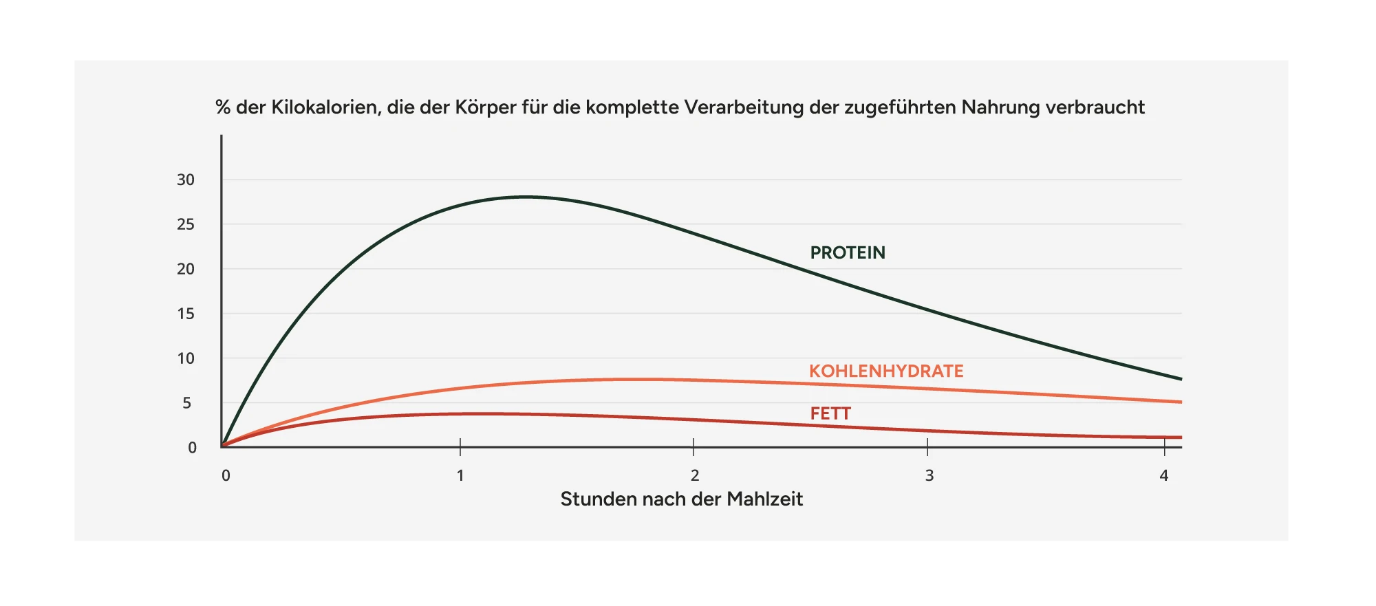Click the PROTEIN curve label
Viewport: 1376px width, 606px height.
(x=847, y=252)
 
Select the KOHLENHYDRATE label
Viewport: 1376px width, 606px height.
(x=885, y=371)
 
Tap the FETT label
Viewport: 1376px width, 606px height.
(x=830, y=413)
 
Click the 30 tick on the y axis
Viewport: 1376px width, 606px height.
(x=186, y=180)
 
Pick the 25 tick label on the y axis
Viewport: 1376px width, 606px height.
(x=186, y=224)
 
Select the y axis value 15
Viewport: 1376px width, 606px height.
(x=186, y=314)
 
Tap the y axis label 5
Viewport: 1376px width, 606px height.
(x=187, y=403)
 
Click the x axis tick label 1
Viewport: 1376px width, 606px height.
(x=460, y=475)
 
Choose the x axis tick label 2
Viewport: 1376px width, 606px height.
(x=695, y=475)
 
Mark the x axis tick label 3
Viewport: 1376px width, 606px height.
(x=929, y=475)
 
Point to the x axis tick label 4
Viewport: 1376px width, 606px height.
(x=1163, y=475)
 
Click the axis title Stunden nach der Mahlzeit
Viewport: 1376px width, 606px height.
(x=681, y=499)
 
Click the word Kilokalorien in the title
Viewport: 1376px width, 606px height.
(x=325, y=107)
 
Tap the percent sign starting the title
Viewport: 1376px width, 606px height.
(x=222, y=107)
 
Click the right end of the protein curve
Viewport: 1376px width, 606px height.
(x=1180, y=378)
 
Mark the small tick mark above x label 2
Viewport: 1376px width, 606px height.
(x=694, y=446)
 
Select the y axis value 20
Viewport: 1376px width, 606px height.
(x=186, y=269)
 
